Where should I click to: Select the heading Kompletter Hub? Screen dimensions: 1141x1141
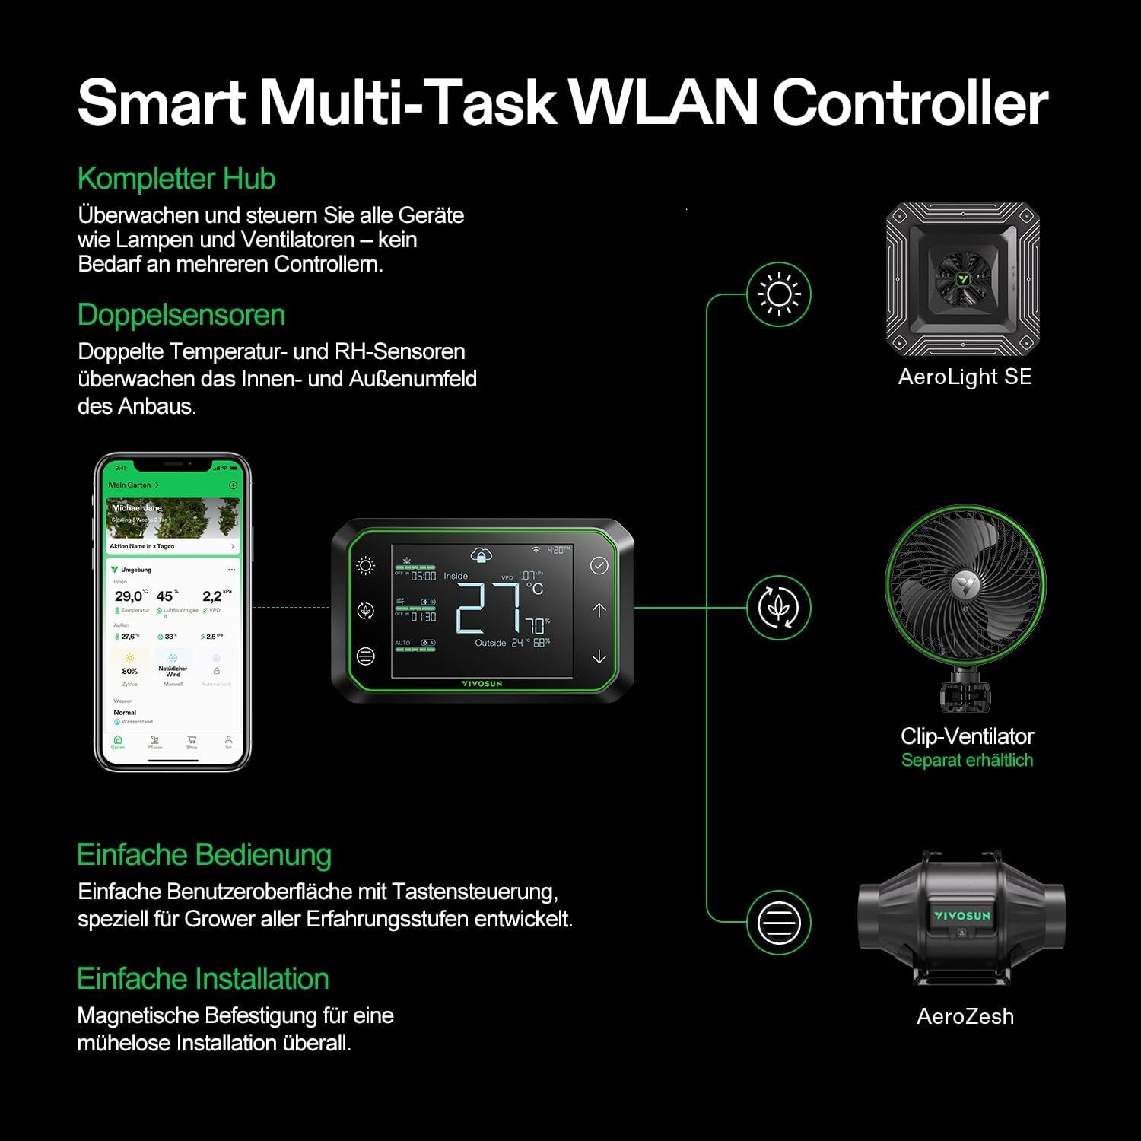176,179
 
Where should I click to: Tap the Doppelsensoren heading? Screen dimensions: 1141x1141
181,315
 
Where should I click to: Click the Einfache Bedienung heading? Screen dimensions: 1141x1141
204,855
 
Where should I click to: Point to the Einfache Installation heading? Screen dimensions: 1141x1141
202,979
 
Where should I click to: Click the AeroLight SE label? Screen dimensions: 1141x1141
965,377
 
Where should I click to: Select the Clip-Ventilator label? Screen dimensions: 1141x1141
967,736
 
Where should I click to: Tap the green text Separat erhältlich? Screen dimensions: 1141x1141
967,760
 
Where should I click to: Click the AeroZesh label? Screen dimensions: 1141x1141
965,1016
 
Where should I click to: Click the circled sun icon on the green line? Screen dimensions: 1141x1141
779,294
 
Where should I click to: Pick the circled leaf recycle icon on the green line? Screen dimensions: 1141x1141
779,608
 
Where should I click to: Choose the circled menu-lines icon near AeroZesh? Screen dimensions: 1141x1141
779,923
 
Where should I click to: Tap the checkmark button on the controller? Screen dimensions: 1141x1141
599,565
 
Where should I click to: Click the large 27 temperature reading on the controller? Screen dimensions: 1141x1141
488,609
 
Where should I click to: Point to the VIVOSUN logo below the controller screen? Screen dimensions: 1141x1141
482,684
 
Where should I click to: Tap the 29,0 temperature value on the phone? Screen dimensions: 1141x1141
128,596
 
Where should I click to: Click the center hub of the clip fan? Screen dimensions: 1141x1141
965,583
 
